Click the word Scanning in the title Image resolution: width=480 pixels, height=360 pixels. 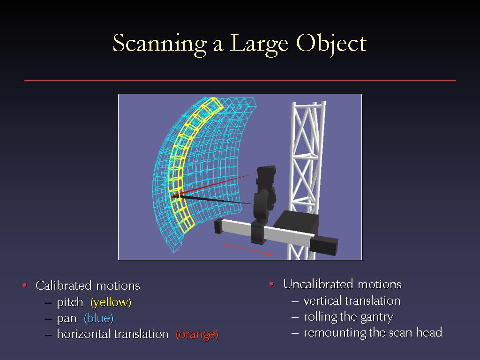tap(160, 44)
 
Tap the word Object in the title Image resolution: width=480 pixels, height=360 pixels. tap(331, 44)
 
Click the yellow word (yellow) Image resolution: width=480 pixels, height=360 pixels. tap(111, 302)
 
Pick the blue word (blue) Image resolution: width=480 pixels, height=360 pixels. tap(98, 318)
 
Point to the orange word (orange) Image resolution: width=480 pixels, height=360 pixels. tap(197, 334)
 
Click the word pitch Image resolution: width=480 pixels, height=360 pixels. tap(70, 302)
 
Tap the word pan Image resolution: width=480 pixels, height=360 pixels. tap(67, 319)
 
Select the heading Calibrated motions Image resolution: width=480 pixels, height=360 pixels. tap(88, 285)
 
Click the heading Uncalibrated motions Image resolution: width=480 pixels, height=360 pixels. tap(342, 284)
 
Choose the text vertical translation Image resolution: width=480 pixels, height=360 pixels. tap(352, 300)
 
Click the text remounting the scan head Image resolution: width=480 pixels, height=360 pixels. tap(373, 332)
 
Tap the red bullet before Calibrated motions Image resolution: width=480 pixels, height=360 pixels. tap(24, 285)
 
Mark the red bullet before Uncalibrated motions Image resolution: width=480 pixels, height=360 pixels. tap(271, 284)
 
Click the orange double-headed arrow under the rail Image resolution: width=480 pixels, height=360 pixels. tap(247, 249)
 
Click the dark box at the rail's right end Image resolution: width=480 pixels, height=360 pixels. tap(324, 246)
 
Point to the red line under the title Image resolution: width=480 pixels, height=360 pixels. tap(240, 81)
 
